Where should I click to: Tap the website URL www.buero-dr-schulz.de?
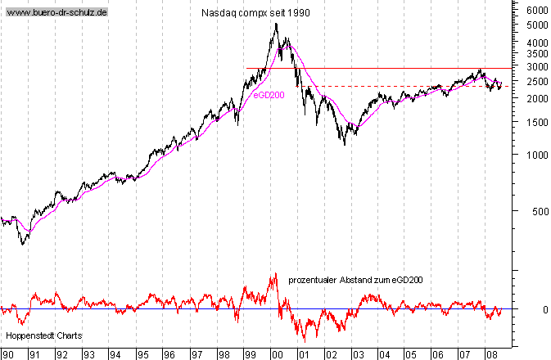pos(57,15)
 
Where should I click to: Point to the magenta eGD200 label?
pos(268,96)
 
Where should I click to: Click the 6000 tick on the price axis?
pos(536,11)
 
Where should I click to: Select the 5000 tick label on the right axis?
pos(536,26)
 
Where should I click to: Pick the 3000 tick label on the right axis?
pos(536,67)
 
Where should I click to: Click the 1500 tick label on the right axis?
pos(536,123)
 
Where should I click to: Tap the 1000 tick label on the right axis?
pos(536,155)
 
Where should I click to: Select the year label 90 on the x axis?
pos(8,354)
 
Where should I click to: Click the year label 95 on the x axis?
pos(142,354)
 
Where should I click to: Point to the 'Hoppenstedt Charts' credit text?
pos(38,335)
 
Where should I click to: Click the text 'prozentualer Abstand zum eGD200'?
pos(355,281)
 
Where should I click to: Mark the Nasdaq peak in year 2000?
pos(276,24)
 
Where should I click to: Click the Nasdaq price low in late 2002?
pos(345,145)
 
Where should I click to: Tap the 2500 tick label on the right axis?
pos(536,82)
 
